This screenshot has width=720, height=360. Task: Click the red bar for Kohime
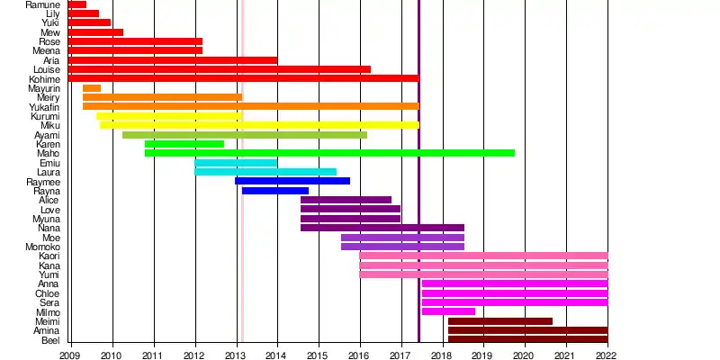243,78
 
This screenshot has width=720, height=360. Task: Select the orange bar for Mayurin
92,88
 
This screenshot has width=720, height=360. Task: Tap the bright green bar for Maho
329,153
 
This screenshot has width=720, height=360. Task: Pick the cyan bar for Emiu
236,163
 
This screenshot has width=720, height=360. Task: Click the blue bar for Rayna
275,191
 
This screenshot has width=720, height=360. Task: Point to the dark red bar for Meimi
500,321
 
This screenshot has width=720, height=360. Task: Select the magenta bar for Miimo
448,311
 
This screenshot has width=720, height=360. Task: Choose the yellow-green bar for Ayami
245,135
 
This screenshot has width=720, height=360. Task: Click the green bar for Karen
184,144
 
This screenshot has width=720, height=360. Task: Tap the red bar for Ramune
77,4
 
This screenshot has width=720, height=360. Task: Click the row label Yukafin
45,107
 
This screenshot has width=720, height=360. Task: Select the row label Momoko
43,247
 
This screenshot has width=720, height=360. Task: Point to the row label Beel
51,340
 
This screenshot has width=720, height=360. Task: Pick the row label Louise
46,69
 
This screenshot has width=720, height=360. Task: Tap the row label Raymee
43,182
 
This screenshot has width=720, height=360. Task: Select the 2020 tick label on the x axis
525,355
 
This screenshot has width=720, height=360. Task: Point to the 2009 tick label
70,355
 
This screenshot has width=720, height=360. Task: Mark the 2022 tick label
607,355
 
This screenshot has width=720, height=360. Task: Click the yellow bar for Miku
259,125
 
